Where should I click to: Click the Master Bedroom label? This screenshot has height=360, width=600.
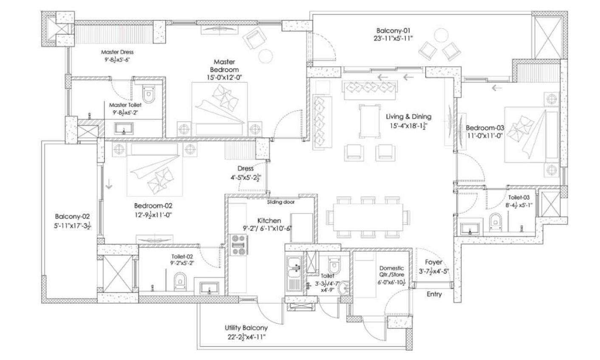coord(226,66)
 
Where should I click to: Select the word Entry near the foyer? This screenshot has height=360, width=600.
coord(434,294)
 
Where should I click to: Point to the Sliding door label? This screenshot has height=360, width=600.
coord(281,202)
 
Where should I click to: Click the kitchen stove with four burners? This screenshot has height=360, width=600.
coord(239,245)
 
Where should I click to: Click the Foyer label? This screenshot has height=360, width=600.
coord(434,262)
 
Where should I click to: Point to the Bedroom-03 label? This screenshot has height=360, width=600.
coord(485,128)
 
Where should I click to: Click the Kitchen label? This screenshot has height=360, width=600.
coord(269,221)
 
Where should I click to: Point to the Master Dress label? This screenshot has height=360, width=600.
coord(117,52)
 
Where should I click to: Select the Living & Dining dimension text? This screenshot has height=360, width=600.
coord(408,125)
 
